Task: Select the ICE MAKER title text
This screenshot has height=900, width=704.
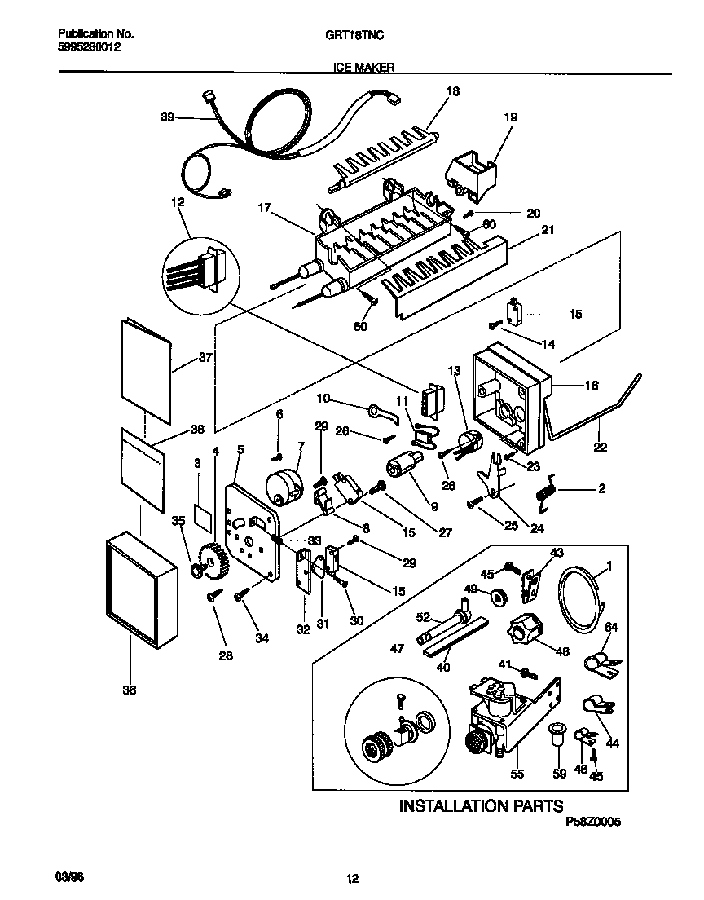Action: [x=364, y=68]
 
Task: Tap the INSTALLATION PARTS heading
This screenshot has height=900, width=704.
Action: [x=480, y=805]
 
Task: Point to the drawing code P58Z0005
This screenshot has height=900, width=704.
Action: [x=592, y=823]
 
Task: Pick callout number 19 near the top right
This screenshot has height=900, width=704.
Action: [x=510, y=117]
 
